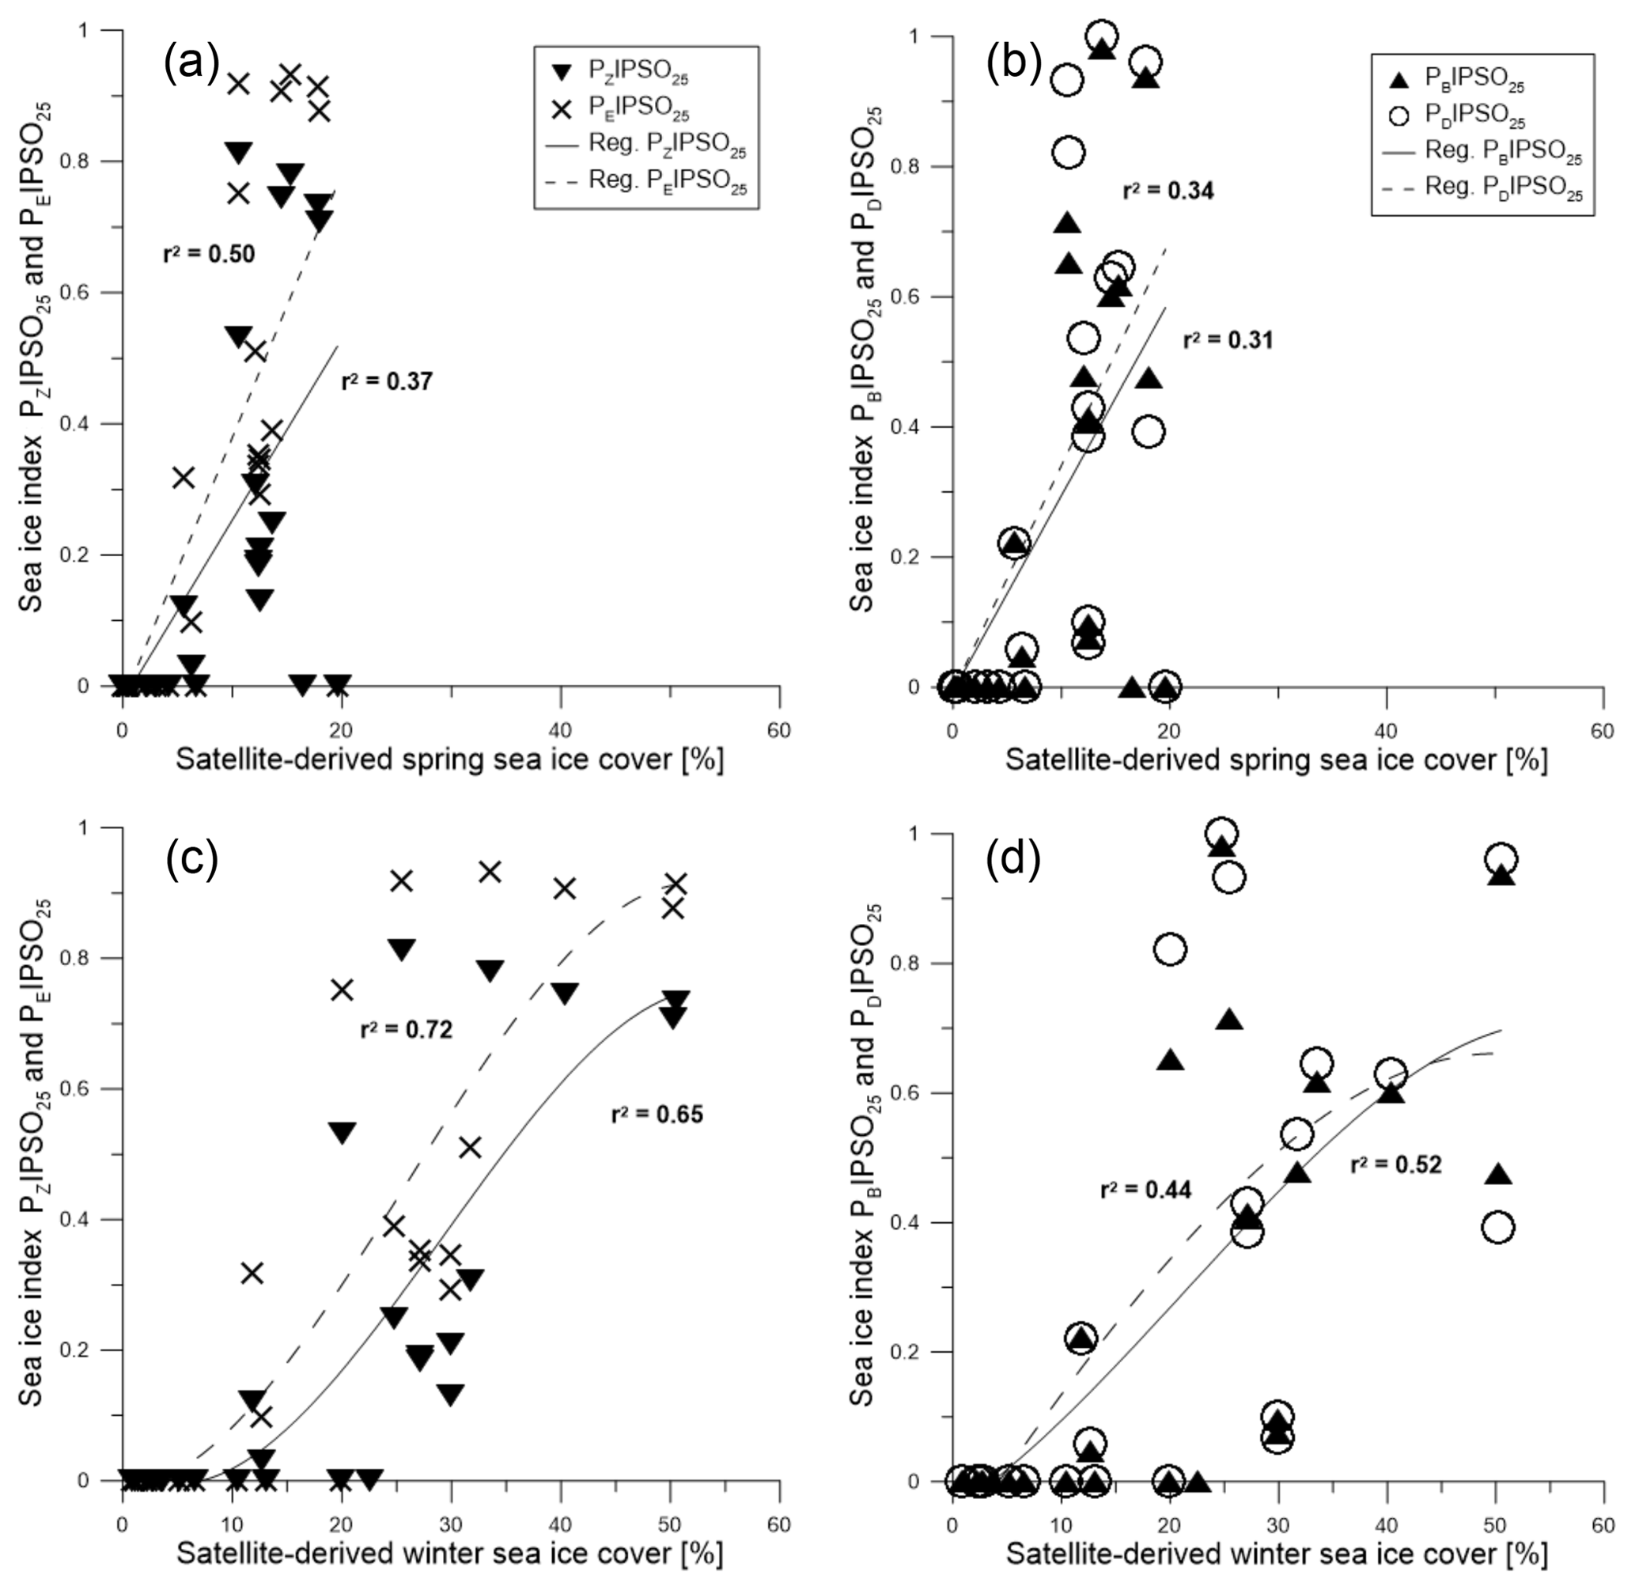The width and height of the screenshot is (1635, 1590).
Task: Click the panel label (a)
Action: pyautogui.click(x=191, y=64)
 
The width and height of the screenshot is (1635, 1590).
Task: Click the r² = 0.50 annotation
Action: pyautogui.click(x=209, y=253)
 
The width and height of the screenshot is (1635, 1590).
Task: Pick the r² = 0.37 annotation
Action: pyautogui.click(x=388, y=381)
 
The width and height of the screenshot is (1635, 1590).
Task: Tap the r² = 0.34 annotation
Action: pyautogui.click(x=1168, y=191)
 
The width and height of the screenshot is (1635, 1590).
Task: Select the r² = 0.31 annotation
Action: pyautogui.click(x=1228, y=340)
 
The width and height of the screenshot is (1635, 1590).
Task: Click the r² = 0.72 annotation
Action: pyautogui.click(x=407, y=1029)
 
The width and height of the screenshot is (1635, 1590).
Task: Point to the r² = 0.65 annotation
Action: pyautogui.click(x=657, y=1113)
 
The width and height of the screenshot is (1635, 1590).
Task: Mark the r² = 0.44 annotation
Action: pyautogui.click(x=1145, y=1189)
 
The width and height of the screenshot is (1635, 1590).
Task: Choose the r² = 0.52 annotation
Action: pyautogui.click(x=1396, y=1164)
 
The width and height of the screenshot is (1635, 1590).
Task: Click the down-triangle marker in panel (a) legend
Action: pyautogui.click(x=563, y=73)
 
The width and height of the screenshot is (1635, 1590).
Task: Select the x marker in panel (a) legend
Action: pyautogui.click(x=563, y=108)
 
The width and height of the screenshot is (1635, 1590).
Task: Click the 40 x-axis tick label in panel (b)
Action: pyautogui.click(x=1386, y=732)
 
